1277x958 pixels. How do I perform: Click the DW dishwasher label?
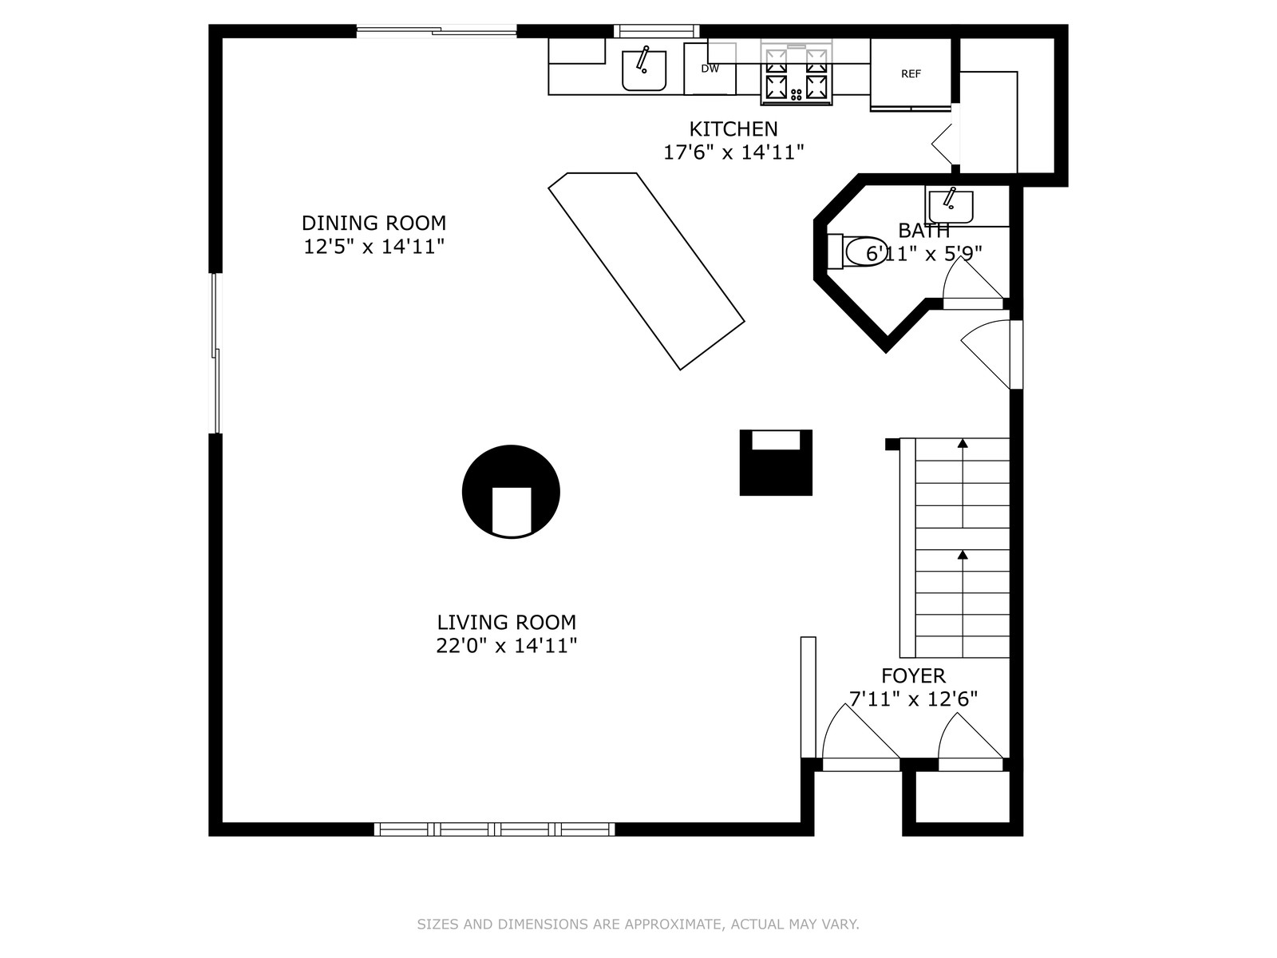coord(710,69)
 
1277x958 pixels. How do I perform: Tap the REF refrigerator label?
coord(911,74)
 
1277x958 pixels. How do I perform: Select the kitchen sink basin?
coord(644,70)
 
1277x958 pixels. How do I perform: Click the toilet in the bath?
coord(857,251)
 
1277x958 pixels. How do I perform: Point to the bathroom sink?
coord(951,207)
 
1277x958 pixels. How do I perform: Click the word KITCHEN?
coord(733,129)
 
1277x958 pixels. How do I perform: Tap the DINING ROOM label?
coord(374,223)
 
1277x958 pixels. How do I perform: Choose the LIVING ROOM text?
coord(506,623)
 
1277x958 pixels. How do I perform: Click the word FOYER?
coord(913,676)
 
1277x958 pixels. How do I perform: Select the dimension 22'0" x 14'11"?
coord(506,646)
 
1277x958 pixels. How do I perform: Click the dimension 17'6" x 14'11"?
coord(733,152)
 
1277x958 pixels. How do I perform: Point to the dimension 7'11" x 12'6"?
coord(913,699)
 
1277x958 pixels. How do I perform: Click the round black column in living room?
coord(511,492)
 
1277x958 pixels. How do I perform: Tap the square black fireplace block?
coord(776,463)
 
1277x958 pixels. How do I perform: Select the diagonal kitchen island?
coord(646,271)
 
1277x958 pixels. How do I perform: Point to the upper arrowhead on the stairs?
coord(963,443)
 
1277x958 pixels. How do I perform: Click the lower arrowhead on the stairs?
coord(963,555)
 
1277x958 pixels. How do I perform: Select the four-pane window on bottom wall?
coord(494,829)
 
